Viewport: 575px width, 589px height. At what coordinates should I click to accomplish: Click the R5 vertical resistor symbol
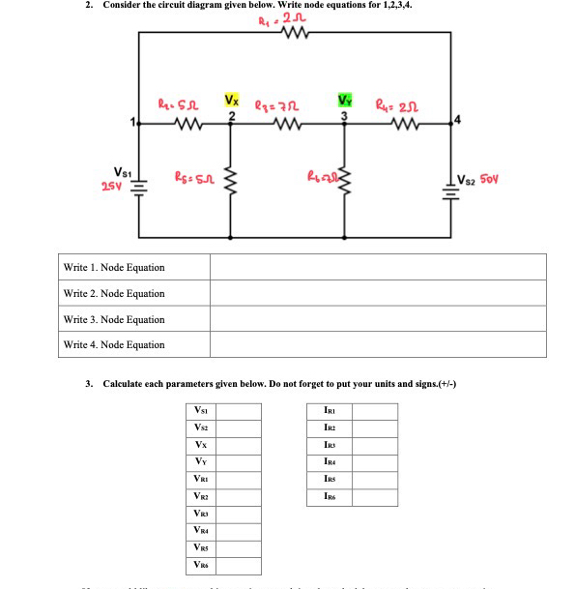point(230,180)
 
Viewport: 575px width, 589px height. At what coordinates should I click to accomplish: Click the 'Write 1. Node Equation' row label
point(113,267)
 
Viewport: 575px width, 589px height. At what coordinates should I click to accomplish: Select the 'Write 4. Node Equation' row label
point(113,344)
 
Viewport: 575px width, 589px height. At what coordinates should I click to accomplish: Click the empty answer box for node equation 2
point(378,293)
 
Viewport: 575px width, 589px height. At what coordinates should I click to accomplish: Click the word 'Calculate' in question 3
point(125,383)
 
